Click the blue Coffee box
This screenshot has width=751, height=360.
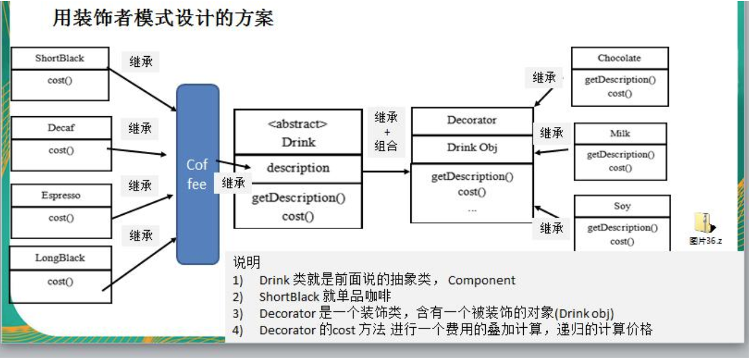[x=197, y=174]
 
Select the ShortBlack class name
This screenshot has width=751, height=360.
[x=60, y=58]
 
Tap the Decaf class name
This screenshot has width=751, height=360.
[x=61, y=128]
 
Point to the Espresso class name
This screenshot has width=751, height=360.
[x=61, y=196]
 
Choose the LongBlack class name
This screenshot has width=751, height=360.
[x=60, y=258]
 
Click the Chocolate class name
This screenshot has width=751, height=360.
[x=619, y=58]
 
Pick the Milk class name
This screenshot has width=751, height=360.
[x=620, y=134]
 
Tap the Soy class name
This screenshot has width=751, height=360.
[x=622, y=206]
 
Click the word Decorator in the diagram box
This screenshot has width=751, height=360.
[x=472, y=120]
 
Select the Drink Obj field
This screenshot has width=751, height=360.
[x=472, y=148]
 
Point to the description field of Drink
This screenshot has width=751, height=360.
[x=298, y=168]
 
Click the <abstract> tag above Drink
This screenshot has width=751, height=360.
[x=298, y=124]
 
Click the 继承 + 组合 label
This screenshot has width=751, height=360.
[x=386, y=132]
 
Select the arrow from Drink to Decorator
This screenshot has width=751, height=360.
[x=385, y=171]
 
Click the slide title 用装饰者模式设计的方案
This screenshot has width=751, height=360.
[x=163, y=19]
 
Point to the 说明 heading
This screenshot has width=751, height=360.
[x=247, y=262]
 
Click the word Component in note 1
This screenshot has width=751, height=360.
[x=482, y=280]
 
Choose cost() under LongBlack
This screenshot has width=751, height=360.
[x=60, y=281]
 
